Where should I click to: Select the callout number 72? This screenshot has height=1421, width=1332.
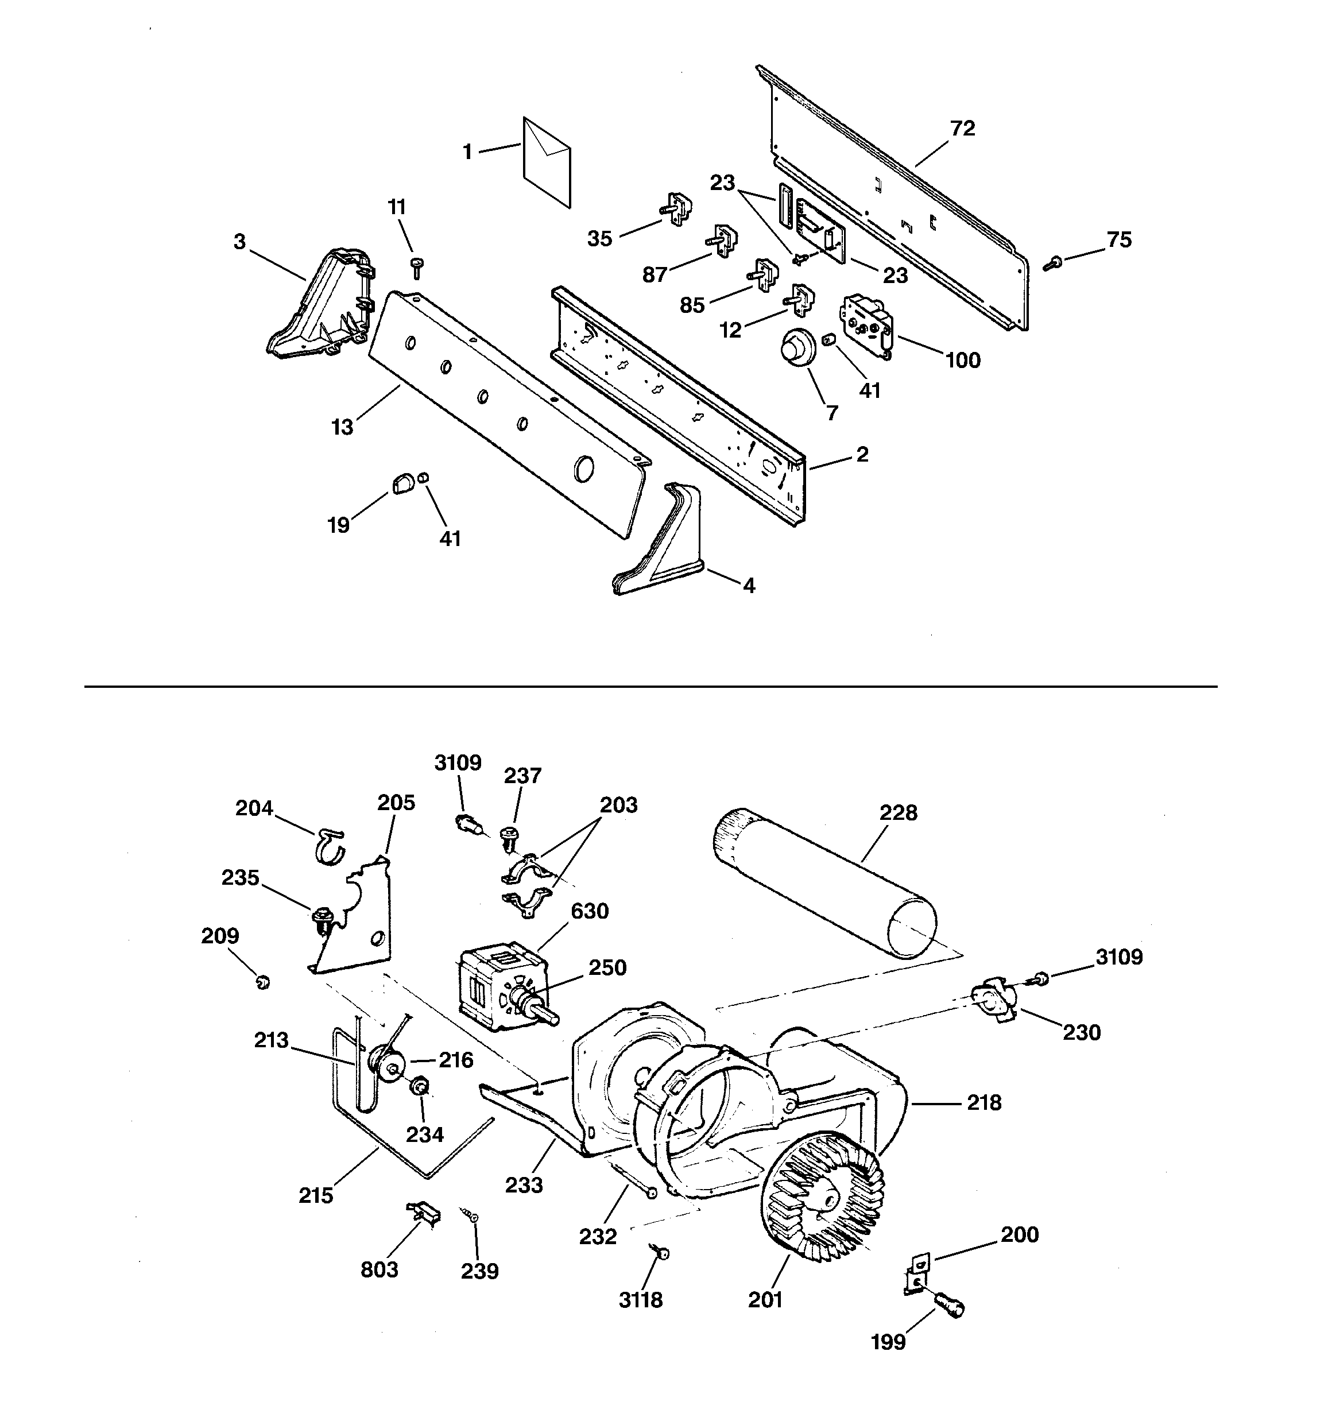[x=962, y=129]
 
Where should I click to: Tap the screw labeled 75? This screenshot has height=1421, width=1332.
[x=1052, y=263]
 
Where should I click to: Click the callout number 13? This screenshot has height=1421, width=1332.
[x=343, y=427]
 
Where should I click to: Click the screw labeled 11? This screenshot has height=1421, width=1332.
[x=417, y=268]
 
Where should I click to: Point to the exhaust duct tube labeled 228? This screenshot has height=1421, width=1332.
[x=822, y=881]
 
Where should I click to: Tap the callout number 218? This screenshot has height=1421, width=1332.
[x=984, y=1103]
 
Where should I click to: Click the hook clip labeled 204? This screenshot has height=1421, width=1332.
[x=329, y=846]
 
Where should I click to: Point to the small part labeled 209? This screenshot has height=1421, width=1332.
[x=262, y=983]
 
